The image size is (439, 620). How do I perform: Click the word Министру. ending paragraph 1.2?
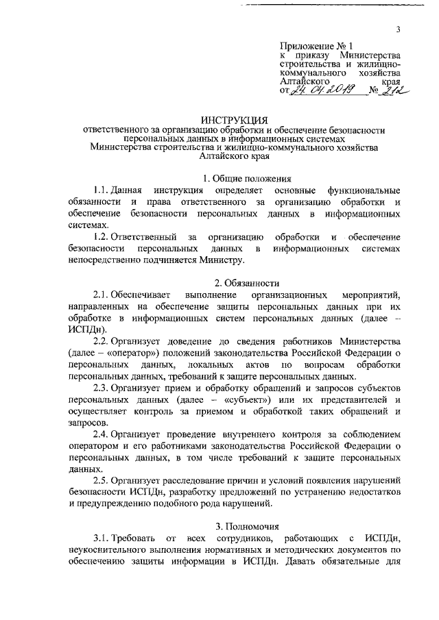220,260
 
